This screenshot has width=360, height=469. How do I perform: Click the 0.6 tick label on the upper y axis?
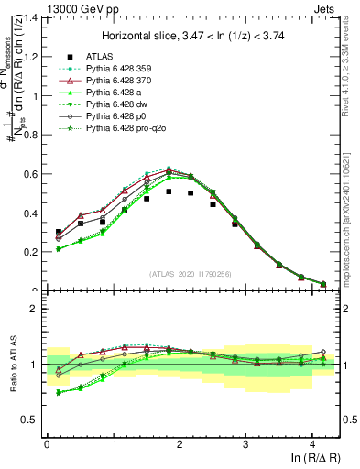[32, 174]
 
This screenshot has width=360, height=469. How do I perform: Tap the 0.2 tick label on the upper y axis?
[32, 252]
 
